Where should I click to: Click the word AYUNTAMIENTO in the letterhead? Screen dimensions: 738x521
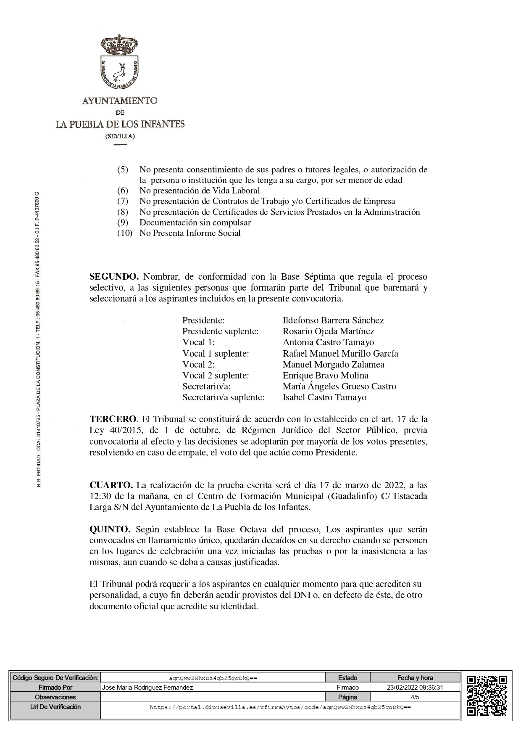120,101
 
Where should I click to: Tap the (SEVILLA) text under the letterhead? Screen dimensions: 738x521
120,136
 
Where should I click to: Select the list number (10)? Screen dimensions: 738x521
124,233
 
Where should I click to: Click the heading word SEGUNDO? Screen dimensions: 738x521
114,277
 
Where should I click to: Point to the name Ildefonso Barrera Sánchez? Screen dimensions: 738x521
333,320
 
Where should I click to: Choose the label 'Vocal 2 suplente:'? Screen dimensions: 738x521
216,375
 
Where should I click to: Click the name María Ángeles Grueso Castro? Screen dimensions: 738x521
339,386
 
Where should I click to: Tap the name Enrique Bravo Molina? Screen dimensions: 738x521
325,375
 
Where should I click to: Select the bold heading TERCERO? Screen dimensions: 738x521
113,419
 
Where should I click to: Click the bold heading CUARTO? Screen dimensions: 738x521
111,485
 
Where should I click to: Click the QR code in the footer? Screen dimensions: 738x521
487,695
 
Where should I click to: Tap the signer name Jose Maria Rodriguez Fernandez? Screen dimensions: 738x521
147,687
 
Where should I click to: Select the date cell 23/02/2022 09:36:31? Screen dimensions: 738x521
415,687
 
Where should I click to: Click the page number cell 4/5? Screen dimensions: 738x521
415,697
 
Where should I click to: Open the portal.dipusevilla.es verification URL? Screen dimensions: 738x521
280,707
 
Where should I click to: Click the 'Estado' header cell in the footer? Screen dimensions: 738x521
347,677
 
